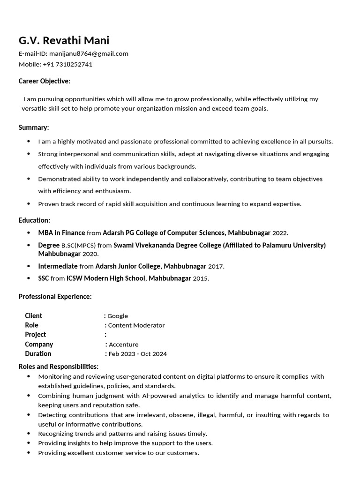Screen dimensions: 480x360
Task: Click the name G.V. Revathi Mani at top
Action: click(x=64, y=40)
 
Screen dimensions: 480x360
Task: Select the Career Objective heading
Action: click(x=45, y=81)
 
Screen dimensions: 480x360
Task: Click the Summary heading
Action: click(x=34, y=127)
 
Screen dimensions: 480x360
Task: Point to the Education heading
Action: click(x=34, y=220)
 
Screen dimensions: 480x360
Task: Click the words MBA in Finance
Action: click(x=61, y=232)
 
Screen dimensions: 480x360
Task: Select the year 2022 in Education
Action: click(x=280, y=233)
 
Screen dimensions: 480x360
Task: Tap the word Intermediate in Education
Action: click(x=58, y=266)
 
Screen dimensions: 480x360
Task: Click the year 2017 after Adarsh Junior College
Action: click(x=216, y=266)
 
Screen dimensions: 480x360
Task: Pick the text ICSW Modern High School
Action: click(x=106, y=278)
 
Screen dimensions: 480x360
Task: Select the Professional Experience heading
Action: click(x=55, y=297)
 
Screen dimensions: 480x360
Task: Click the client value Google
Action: click(x=118, y=316)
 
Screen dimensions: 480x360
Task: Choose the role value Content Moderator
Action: click(x=136, y=325)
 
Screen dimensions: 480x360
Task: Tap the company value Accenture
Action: click(x=123, y=345)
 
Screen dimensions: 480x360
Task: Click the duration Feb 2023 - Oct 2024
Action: click(x=137, y=354)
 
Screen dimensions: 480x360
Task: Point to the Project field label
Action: click(x=35, y=335)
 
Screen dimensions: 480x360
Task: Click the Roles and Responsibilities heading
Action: click(x=59, y=367)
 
